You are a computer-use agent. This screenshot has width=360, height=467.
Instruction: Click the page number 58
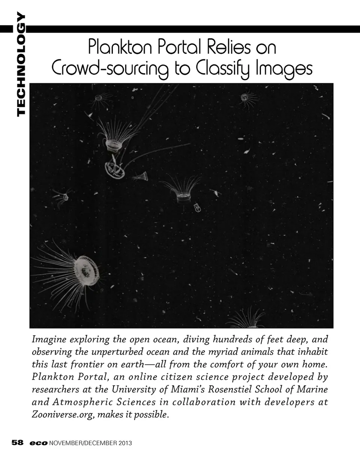(18, 443)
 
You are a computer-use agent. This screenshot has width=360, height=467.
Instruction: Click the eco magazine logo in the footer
(39, 443)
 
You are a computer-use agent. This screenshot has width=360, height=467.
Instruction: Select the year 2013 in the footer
(125, 443)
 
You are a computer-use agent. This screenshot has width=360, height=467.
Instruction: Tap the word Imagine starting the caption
(49, 340)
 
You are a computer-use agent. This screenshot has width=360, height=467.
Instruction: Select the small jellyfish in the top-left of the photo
(99, 98)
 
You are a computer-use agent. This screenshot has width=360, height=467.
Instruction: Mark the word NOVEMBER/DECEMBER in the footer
(83, 443)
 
